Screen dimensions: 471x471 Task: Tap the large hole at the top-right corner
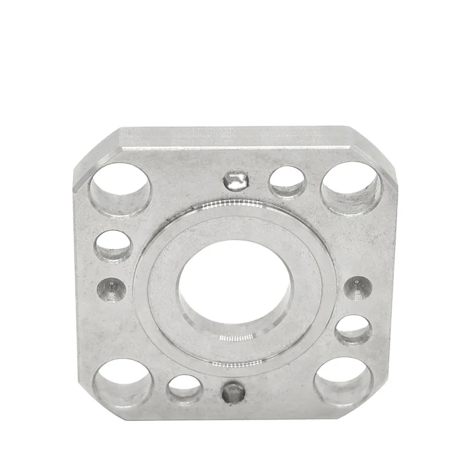[351, 187]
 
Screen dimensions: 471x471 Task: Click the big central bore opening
[233, 286]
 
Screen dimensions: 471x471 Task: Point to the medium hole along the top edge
[287, 181]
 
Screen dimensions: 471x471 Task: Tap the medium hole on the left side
[114, 246]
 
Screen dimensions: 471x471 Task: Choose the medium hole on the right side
[353, 329]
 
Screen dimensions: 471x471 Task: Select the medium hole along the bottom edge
[185, 389]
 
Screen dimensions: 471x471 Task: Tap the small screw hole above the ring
[236, 181]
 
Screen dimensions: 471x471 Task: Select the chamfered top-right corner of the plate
[374, 149]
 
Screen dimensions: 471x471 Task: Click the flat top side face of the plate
[233, 136]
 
